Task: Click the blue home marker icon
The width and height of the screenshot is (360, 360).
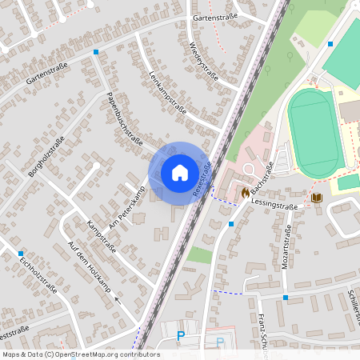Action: (x=180, y=172)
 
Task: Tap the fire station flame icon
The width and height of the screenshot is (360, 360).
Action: (x=242, y=192)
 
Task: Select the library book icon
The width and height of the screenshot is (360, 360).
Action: (x=317, y=198)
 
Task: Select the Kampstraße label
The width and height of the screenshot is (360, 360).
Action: (x=101, y=237)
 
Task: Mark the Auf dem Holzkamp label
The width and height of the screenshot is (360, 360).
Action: (x=88, y=268)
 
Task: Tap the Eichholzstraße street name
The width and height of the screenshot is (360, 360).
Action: (x=38, y=276)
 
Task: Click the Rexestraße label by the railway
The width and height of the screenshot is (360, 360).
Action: (x=202, y=176)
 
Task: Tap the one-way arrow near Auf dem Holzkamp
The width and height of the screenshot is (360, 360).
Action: (x=118, y=299)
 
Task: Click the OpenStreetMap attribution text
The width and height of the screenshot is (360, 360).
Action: (x=80, y=354)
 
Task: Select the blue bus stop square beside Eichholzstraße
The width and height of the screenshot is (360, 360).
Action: (x=20, y=254)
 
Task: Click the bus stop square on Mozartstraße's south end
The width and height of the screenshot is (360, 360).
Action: (x=285, y=298)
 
